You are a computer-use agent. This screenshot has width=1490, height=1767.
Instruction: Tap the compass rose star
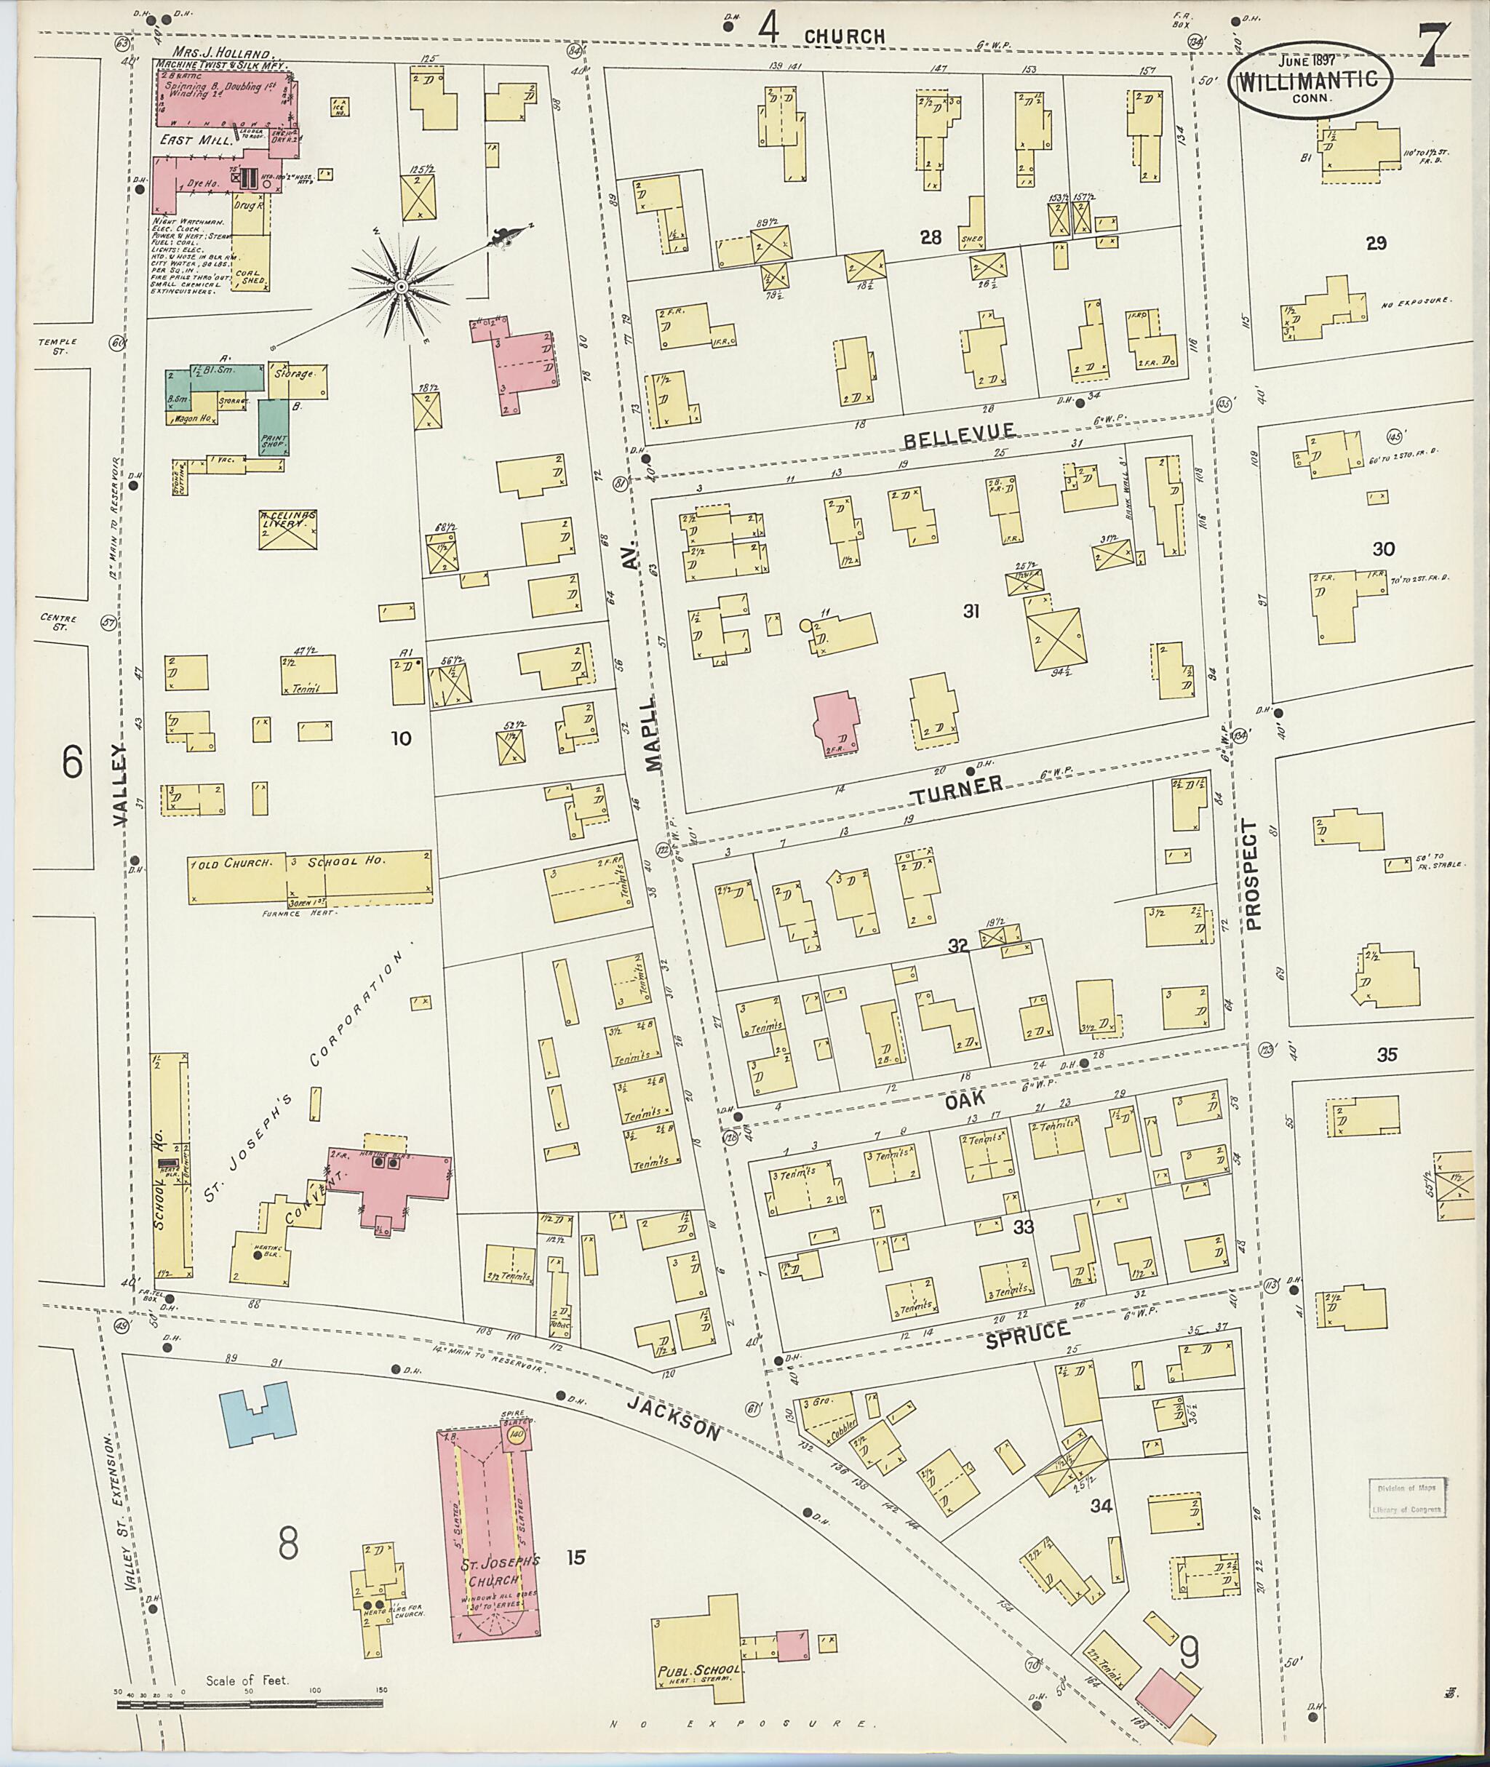(x=401, y=287)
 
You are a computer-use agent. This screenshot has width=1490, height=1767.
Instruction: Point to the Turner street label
(x=956, y=787)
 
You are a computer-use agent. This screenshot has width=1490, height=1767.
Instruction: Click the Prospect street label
(x=1253, y=874)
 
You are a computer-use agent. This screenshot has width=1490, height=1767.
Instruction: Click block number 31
(x=971, y=610)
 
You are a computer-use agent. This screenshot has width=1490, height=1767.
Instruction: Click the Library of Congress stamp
(x=1407, y=1499)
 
